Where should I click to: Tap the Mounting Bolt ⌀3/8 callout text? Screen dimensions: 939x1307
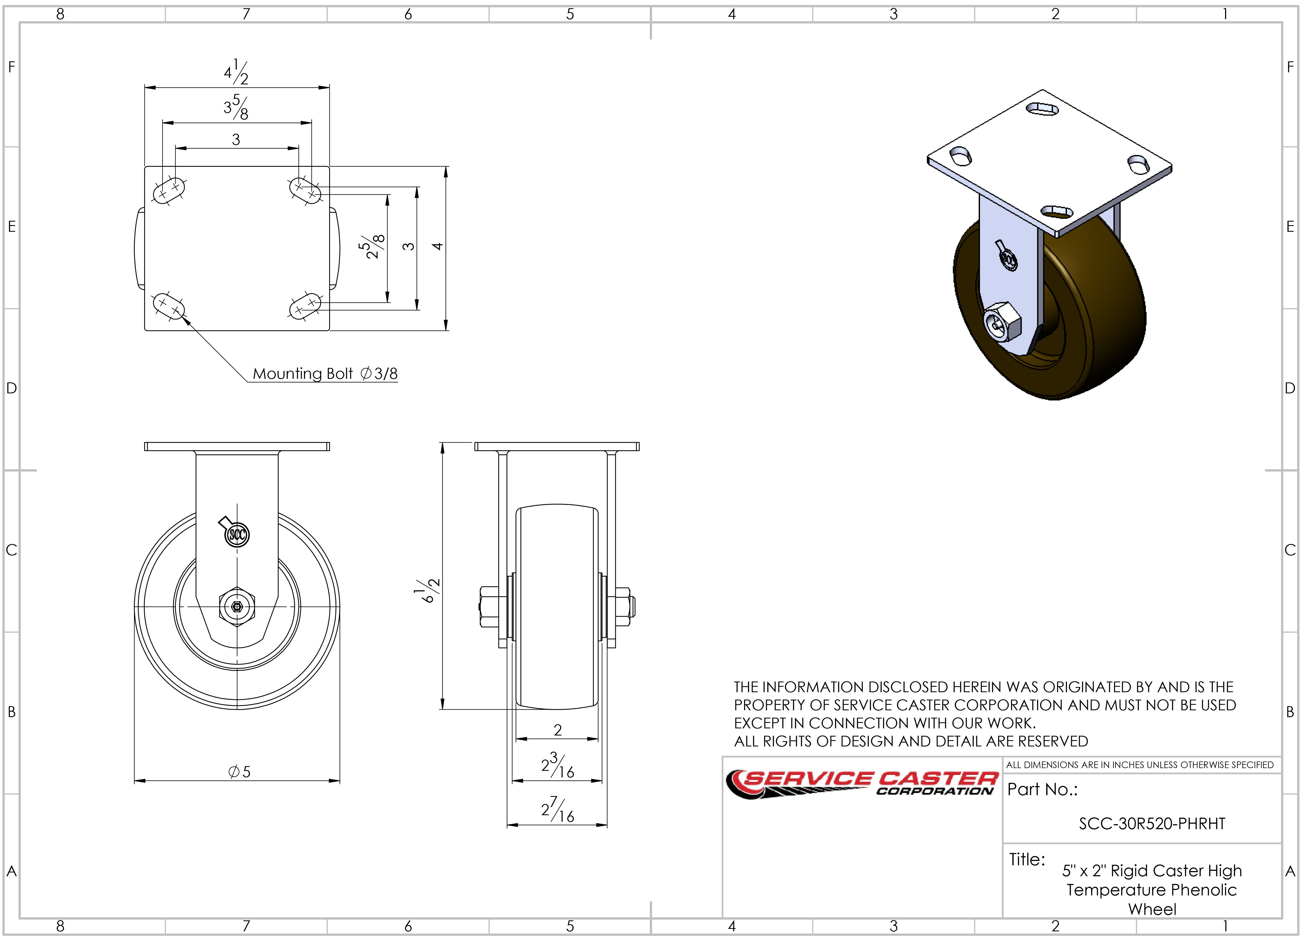pos(325,374)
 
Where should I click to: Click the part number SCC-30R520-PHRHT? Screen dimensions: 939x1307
pos(1151,824)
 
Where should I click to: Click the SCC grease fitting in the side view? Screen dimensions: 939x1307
pos(236,535)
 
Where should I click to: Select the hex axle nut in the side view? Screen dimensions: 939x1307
pos(237,607)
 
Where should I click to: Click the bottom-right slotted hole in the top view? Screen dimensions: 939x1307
pos(305,306)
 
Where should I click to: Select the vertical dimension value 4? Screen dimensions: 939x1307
pos(437,247)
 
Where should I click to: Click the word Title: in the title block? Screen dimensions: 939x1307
pos(1027,860)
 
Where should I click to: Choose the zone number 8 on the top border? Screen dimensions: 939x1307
pos(60,14)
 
